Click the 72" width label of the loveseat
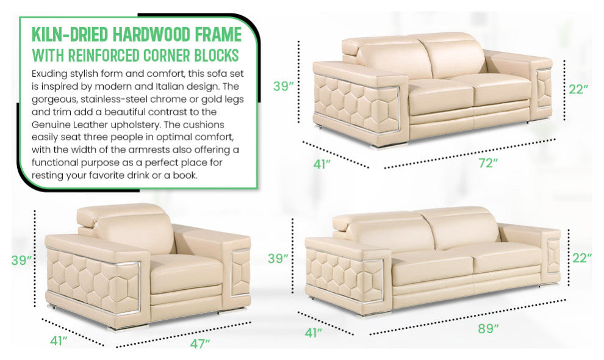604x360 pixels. point(487,163)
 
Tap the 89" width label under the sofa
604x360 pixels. point(488,328)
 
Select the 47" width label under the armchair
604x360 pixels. point(200,343)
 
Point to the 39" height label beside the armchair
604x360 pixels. point(21,260)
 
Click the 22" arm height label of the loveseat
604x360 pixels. point(578,89)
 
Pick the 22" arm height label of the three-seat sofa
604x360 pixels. point(581,257)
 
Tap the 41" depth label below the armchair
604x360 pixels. point(59,340)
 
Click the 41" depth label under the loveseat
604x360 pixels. point(322,164)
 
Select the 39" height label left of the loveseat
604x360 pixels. point(284,86)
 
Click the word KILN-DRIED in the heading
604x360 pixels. point(70,34)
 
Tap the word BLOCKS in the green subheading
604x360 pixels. point(216,55)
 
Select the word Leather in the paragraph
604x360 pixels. point(90,124)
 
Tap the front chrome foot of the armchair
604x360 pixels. point(122,327)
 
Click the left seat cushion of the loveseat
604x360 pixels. point(440,96)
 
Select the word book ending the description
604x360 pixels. point(184,175)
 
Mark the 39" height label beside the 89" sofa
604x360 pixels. point(278,258)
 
